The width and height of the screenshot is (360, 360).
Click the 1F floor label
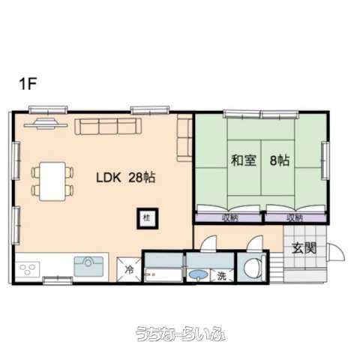tap(28, 84)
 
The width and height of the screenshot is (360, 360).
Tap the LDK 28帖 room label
tap(126, 178)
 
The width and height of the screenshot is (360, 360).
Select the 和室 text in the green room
tap(244, 160)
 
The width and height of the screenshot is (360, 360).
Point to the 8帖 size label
tap(280, 160)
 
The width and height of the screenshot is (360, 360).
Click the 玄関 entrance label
tap(304, 248)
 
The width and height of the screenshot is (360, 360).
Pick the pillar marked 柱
tap(148, 218)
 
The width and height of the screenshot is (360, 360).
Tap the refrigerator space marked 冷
tap(129, 269)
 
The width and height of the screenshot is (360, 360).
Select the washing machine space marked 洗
tap(222, 276)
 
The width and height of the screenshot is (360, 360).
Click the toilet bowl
tap(253, 268)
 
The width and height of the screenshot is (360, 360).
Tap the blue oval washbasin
tap(199, 274)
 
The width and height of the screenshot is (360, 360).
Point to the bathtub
tap(163, 275)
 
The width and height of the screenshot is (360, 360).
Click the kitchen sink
tap(88, 266)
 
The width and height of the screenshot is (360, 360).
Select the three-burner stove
tap(27, 269)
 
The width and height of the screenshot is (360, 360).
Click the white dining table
tap(52, 181)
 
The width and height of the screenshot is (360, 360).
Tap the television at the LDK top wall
tap(46, 124)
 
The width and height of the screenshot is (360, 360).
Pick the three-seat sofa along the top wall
tap(108, 127)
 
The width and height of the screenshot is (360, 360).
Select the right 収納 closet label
tap(295, 218)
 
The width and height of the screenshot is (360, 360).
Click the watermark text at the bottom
tap(180, 334)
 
